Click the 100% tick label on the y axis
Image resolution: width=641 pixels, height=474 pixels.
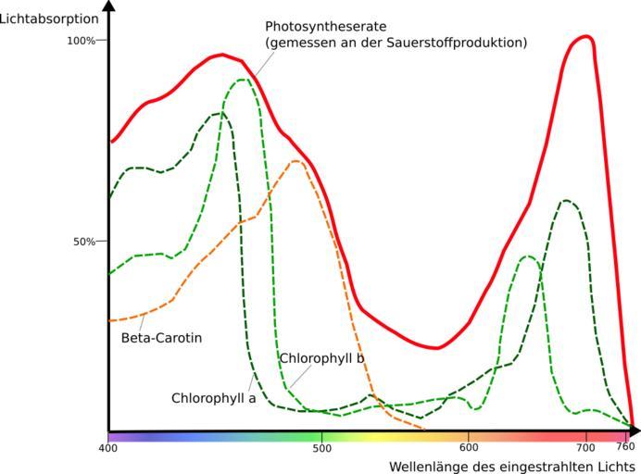82,41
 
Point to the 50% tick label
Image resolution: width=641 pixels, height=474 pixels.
84,242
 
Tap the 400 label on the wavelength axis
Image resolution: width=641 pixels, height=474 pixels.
107,448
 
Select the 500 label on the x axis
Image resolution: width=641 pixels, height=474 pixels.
321,448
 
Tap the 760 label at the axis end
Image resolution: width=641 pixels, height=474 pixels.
626,448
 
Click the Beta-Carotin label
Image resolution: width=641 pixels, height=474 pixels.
161,338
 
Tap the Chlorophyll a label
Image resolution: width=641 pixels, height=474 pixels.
213,398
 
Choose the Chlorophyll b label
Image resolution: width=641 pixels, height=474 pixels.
321,358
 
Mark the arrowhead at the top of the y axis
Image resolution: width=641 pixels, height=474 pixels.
109,6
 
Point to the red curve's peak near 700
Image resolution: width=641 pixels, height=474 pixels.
584,37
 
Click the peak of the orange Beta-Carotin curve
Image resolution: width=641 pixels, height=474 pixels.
295,161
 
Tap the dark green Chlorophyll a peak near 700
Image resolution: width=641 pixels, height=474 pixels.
565,200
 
